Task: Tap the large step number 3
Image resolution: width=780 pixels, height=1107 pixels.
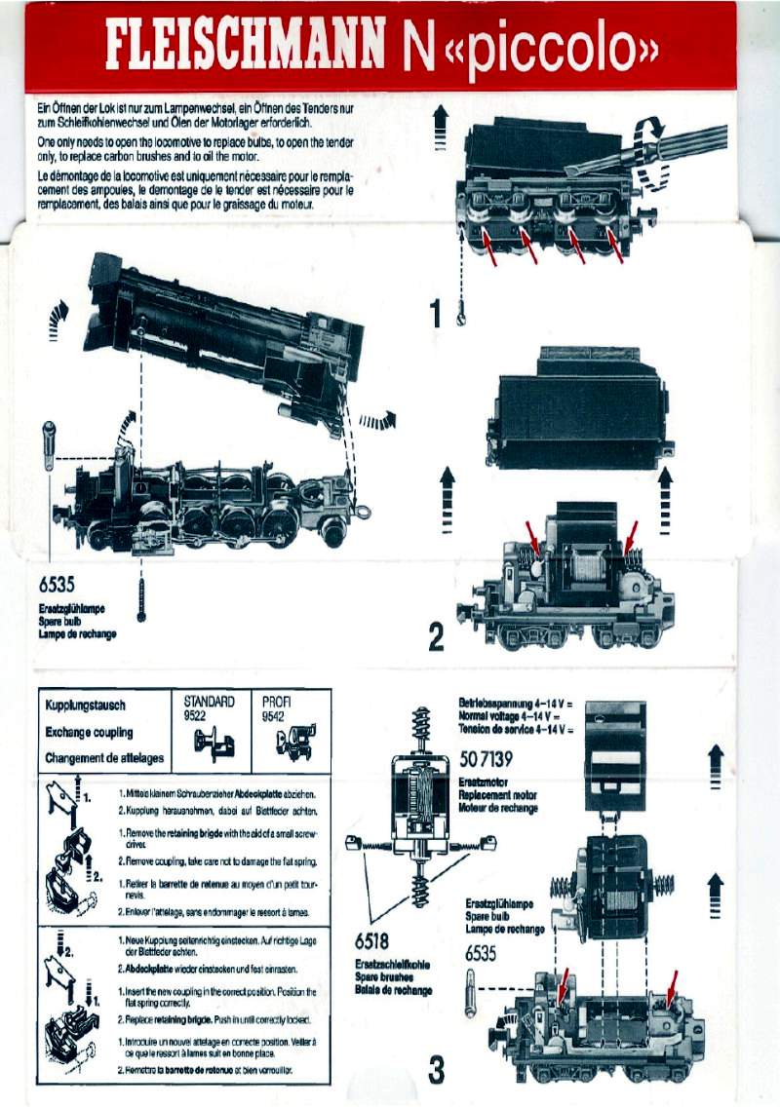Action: (x=437, y=1069)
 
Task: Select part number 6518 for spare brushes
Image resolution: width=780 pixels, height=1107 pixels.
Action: (x=371, y=940)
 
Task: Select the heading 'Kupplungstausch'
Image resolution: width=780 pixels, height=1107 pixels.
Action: (x=86, y=705)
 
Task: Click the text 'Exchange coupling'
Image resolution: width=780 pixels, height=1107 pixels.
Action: (x=89, y=731)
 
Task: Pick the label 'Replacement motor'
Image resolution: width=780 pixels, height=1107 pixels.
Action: (x=497, y=795)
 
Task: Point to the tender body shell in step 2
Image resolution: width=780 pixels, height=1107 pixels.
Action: (x=578, y=408)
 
